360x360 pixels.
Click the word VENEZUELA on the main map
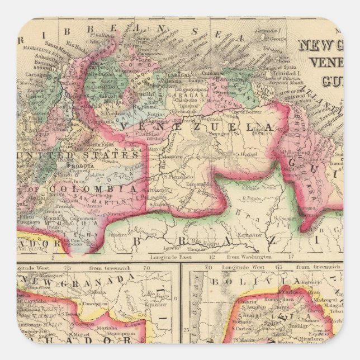(x=198, y=127)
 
